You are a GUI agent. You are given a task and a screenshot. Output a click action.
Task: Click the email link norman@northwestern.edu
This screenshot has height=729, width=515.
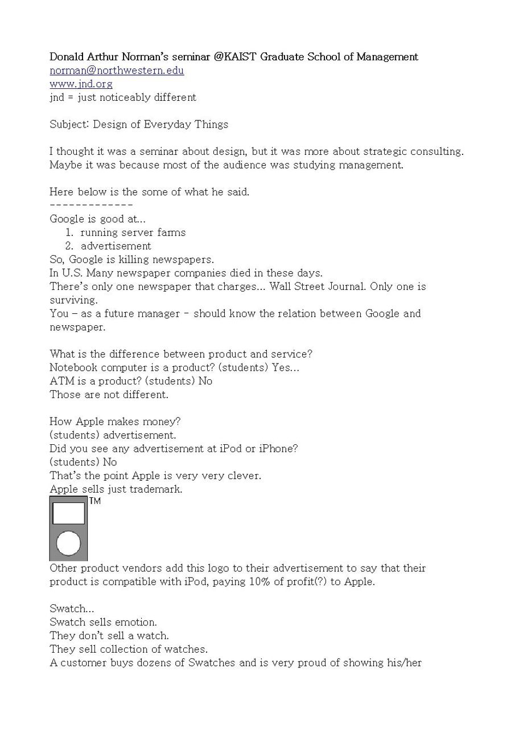[117, 71]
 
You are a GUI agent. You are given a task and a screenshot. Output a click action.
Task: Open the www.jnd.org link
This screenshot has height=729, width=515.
[81, 84]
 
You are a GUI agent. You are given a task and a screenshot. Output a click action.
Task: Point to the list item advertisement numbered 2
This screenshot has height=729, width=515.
[116, 246]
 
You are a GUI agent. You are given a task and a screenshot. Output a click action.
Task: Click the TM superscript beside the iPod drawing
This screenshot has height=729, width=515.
[95, 501]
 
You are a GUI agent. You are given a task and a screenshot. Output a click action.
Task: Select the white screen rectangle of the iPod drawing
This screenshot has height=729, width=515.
[68, 513]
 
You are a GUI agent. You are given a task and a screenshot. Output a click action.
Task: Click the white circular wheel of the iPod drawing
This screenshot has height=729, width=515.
[68, 543]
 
